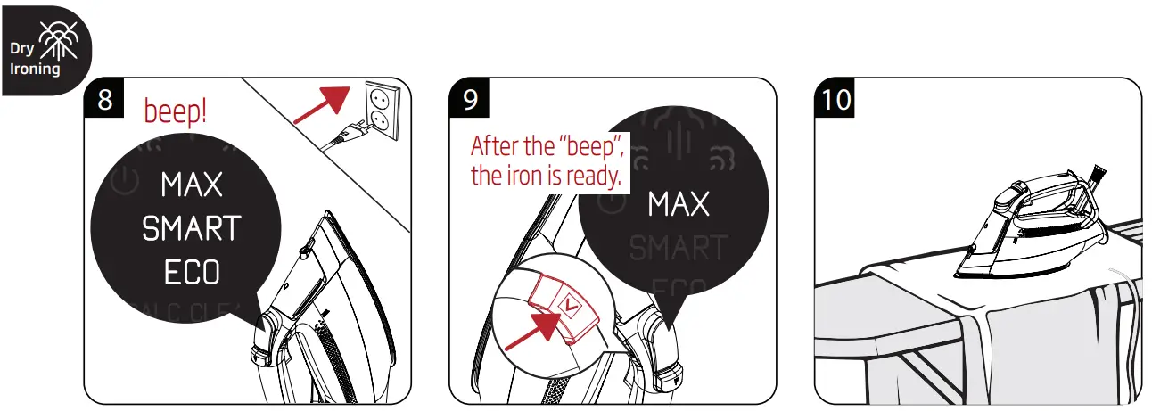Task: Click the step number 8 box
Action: (x=105, y=100)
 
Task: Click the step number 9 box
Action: (x=471, y=100)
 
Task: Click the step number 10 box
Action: (x=837, y=100)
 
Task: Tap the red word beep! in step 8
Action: (x=176, y=111)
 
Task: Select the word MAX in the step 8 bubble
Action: (x=192, y=186)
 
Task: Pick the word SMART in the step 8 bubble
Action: (x=192, y=229)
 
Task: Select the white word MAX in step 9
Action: (x=679, y=205)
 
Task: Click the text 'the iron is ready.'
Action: (x=545, y=176)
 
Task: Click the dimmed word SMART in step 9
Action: (x=679, y=248)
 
